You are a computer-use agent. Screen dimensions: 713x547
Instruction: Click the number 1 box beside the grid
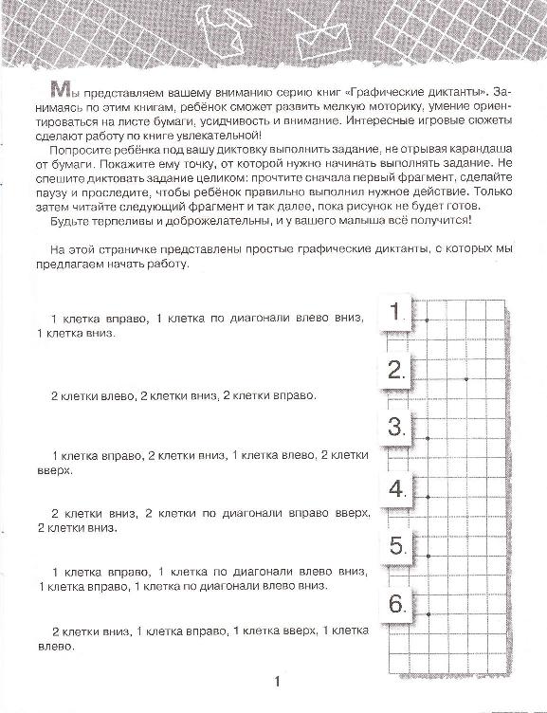397,313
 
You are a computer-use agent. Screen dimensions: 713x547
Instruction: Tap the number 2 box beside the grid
397,369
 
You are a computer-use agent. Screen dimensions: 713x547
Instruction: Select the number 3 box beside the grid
397,426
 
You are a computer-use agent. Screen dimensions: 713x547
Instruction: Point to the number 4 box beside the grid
397,489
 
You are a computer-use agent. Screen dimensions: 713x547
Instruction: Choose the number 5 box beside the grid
397,546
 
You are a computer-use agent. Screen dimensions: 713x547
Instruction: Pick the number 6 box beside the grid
397,603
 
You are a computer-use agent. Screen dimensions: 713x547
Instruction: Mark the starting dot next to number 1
428,320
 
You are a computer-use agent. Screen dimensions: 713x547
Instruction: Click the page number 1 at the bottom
277,681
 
